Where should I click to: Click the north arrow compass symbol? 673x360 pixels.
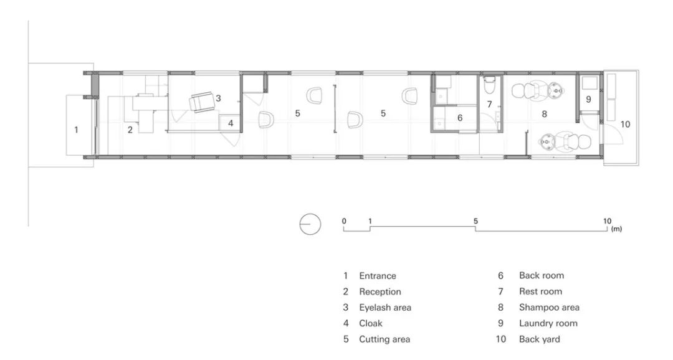(x=310, y=224)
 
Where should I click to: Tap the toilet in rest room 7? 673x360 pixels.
(x=489, y=85)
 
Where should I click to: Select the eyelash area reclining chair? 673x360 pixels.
(x=202, y=102)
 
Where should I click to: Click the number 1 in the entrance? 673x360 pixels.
(x=77, y=130)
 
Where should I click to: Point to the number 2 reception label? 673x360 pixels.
(x=130, y=130)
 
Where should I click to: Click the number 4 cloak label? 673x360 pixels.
(x=231, y=123)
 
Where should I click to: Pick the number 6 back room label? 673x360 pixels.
(x=460, y=118)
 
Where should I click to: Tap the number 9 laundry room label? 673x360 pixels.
(x=588, y=99)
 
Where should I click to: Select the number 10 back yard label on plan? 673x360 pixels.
(x=626, y=124)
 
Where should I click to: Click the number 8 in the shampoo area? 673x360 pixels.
(x=544, y=114)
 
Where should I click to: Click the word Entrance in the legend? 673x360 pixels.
(x=378, y=276)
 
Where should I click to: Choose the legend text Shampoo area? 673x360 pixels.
(x=549, y=307)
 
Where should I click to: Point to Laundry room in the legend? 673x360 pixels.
(x=548, y=323)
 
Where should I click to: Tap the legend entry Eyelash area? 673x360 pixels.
(x=385, y=307)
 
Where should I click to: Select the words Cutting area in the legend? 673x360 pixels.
(x=384, y=339)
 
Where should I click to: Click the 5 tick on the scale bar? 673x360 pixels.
(x=475, y=221)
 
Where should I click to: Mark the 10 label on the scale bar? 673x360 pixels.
(x=607, y=221)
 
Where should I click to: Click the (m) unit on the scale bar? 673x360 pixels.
(x=617, y=229)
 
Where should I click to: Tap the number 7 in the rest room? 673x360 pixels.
(x=489, y=104)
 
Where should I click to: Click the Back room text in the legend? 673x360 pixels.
(x=542, y=275)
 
